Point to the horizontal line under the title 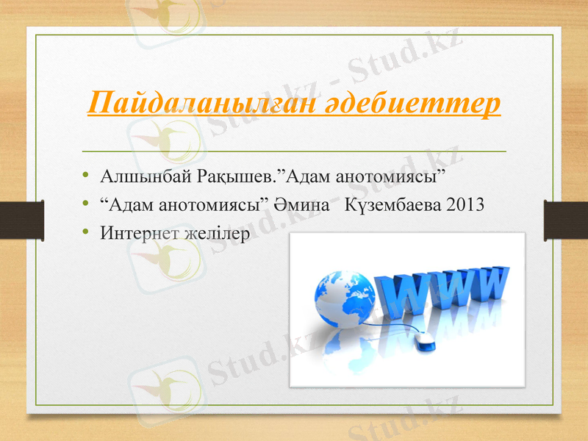click(x=294, y=149)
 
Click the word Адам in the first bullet click(x=309, y=176)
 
